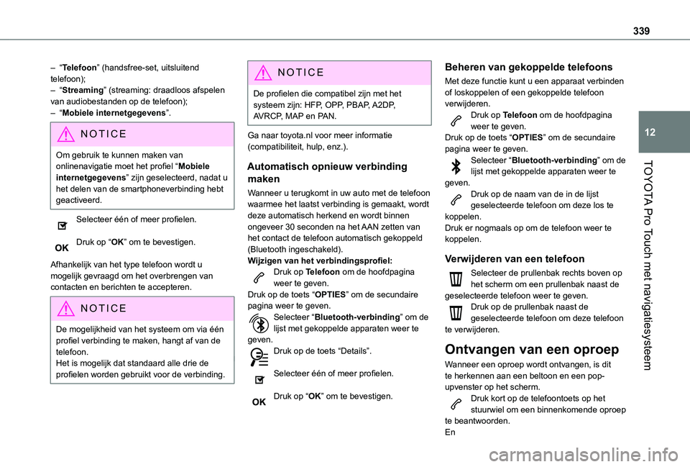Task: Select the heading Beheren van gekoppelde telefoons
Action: [529, 67]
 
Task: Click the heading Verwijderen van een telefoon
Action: [515, 258]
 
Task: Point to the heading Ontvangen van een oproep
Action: [532, 350]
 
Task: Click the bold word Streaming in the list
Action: [82, 90]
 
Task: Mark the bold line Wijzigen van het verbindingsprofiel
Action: [319, 260]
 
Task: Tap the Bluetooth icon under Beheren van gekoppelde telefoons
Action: [455, 165]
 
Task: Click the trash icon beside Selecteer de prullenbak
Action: [455, 279]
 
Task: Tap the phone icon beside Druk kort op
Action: [455, 403]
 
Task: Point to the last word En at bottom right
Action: [450, 433]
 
